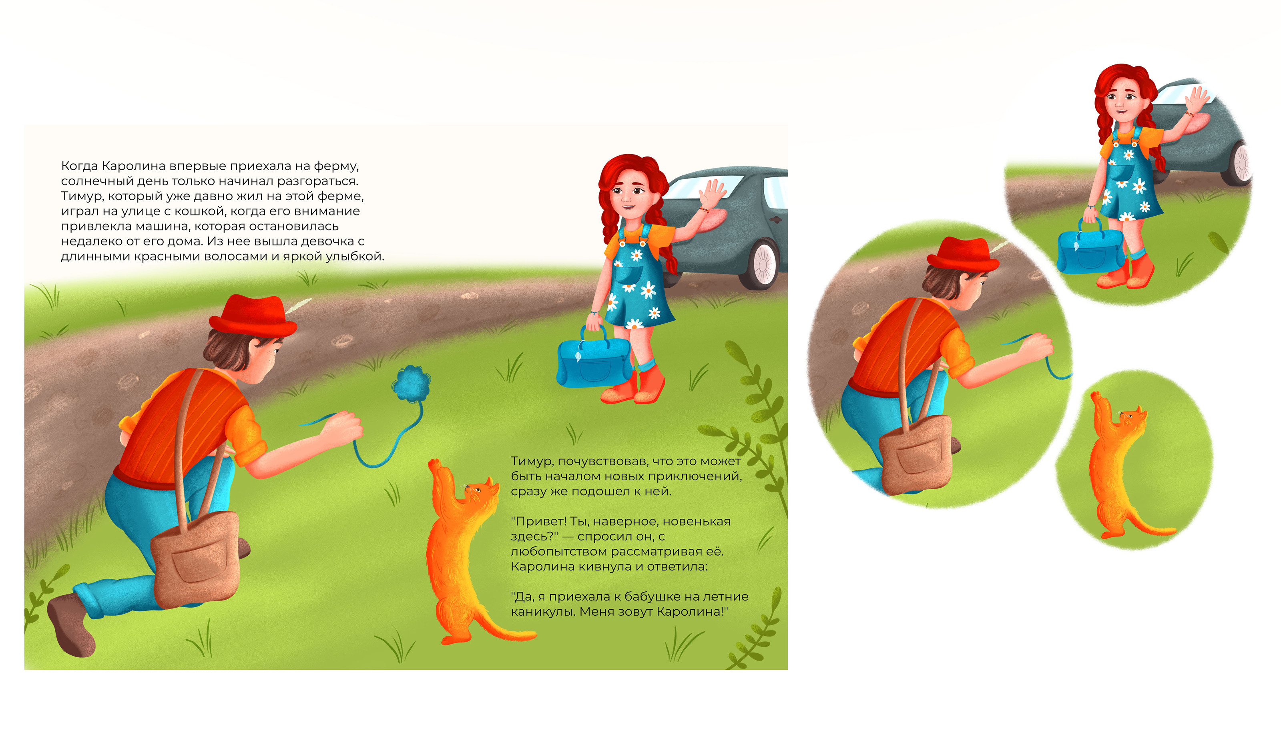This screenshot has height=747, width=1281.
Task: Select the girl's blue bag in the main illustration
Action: coord(594,360)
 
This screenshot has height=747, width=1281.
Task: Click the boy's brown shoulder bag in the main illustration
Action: coord(196,558)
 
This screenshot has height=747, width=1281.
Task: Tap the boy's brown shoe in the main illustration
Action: coord(71,624)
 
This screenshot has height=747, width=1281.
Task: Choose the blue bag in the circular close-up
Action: coord(1089,247)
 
